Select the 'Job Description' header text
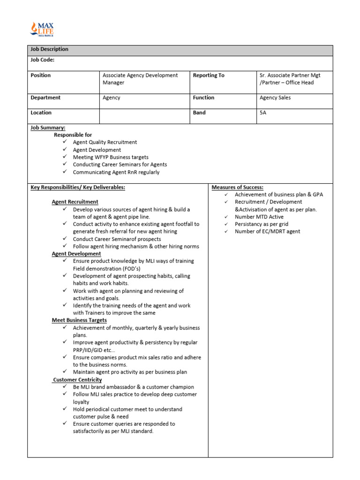(x=49, y=49)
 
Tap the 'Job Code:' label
(x=42, y=60)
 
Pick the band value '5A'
(x=263, y=113)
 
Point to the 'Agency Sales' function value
(x=275, y=98)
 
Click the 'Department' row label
(x=45, y=98)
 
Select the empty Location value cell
(x=144, y=116)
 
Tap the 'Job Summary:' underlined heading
(x=48, y=127)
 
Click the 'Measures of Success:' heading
(x=237, y=187)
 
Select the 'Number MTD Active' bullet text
(x=259, y=217)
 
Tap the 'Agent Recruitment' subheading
(x=75, y=202)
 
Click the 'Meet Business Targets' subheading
(x=79, y=320)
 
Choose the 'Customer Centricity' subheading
(x=77, y=380)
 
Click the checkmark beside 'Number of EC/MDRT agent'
(x=225, y=231)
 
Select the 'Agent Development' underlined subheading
(x=76, y=254)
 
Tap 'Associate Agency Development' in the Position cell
(x=140, y=75)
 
